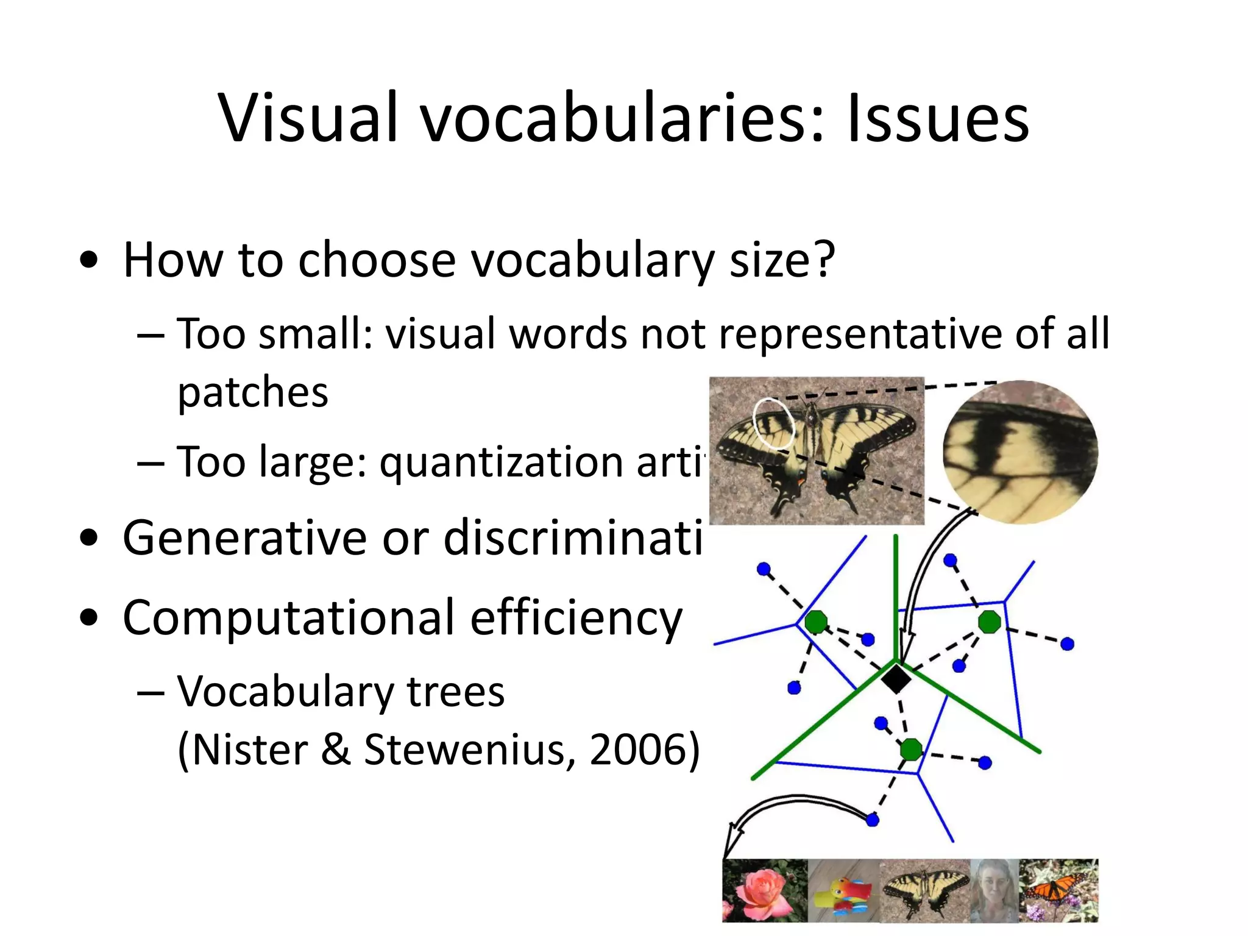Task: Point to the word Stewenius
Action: (x=469, y=749)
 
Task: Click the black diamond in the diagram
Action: (x=896, y=678)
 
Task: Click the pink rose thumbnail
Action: (x=765, y=890)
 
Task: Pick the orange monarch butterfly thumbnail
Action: (x=1058, y=890)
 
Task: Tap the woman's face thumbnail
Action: (x=994, y=890)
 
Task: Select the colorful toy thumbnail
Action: (x=843, y=890)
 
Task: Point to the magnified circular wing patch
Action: (x=1020, y=452)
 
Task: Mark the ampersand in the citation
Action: (x=336, y=749)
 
